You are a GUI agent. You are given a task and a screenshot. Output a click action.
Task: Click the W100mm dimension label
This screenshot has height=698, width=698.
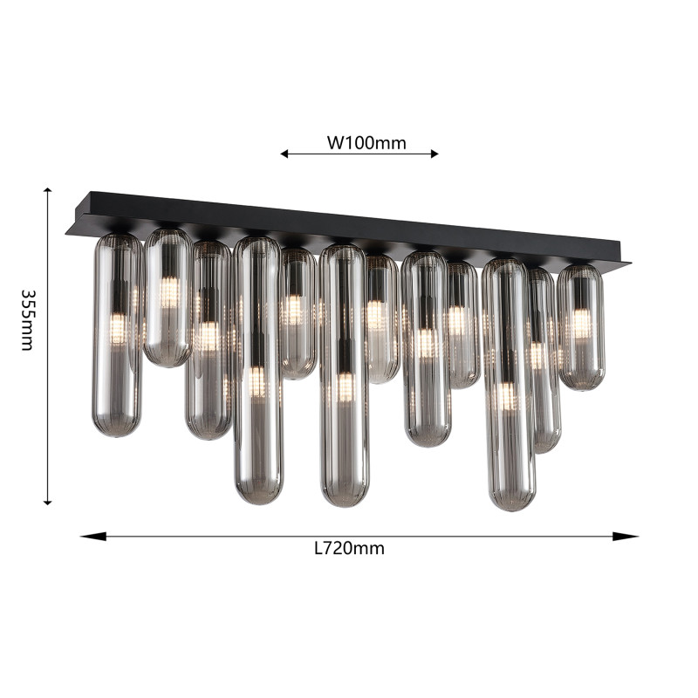click(366, 143)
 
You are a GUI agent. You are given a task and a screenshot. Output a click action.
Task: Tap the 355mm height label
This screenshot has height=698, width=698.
click(28, 320)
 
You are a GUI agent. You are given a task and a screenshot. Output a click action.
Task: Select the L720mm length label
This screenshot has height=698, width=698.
click(349, 549)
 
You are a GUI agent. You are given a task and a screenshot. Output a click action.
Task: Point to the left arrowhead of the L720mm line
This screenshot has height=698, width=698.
click(93, 537)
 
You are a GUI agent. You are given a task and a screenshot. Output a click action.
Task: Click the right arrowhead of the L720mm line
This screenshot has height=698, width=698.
click(626, 537)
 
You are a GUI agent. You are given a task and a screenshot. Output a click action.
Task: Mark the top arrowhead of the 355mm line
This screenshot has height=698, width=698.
click(48, 190)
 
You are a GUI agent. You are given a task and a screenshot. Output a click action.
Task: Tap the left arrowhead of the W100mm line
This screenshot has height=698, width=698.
click(284, 154)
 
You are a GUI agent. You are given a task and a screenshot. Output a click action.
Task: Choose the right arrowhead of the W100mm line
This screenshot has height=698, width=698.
click(435, 154)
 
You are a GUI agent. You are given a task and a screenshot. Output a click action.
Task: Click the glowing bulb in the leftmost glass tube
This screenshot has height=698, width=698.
click(118, 328)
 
